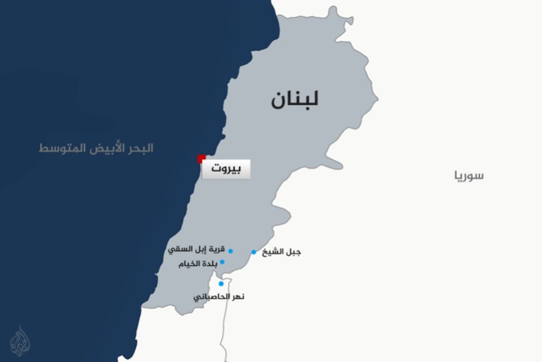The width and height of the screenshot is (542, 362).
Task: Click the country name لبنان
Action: pos(295,99)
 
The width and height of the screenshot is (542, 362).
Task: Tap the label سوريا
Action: pos(468,175)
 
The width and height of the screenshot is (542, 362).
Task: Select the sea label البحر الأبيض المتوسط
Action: pos(96,149)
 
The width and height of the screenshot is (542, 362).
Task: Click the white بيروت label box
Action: pos(225,170)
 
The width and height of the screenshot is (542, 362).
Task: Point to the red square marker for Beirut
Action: pos(201,158)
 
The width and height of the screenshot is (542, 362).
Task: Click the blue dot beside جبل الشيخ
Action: pos(253,252)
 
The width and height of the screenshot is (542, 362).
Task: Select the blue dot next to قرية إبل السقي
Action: pos(230,251)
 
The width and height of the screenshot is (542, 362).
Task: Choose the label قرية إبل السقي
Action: pos(196,250)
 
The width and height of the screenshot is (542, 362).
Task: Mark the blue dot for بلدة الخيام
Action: pos(222,262)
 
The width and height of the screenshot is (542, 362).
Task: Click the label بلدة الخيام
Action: pos(198,263)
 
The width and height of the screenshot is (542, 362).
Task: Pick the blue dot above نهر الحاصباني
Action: pos(220,284)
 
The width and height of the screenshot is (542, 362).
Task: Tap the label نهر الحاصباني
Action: pos(219,297)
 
